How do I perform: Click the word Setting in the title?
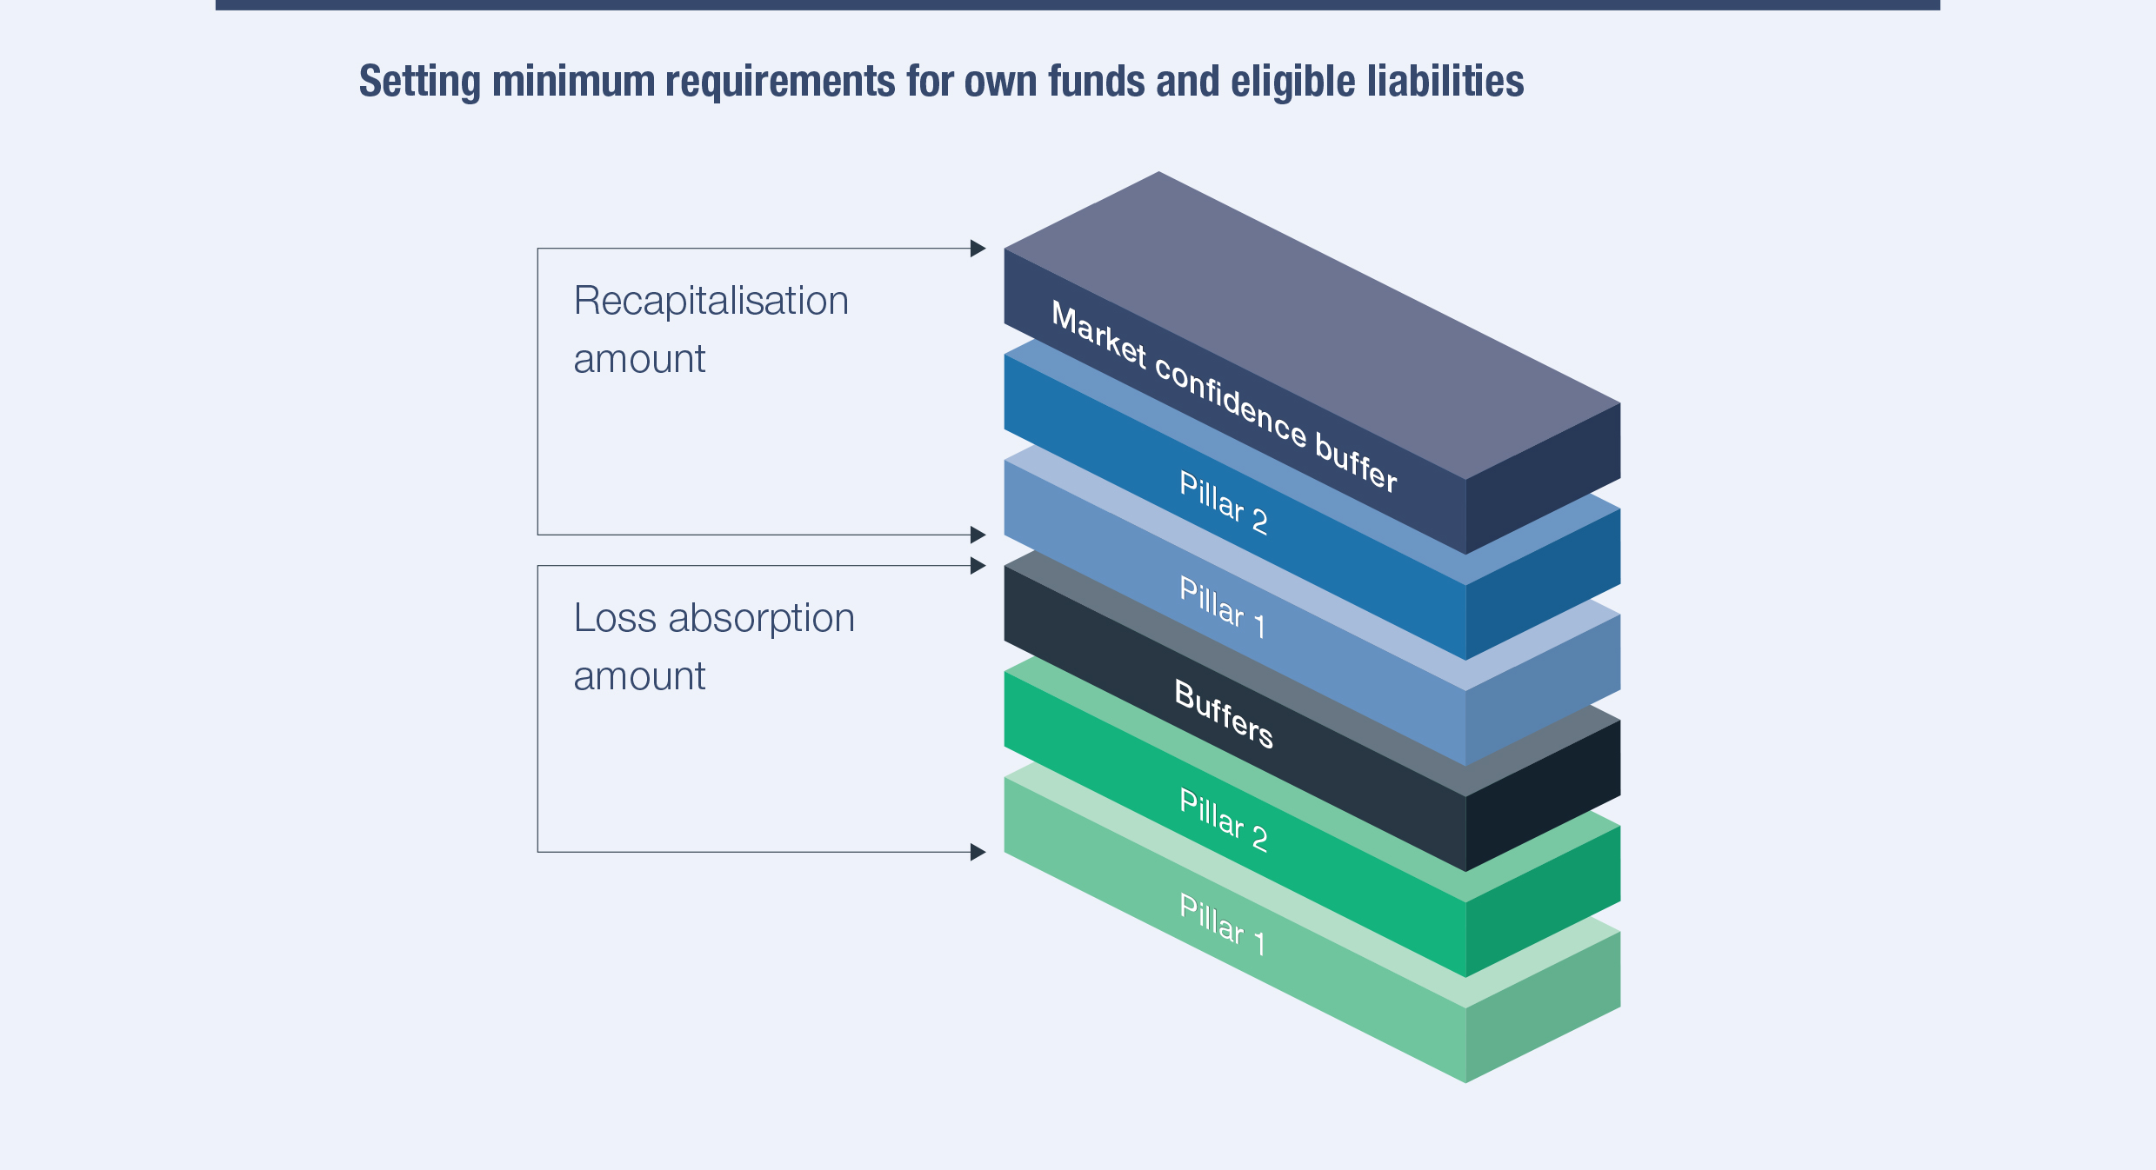(420, 83)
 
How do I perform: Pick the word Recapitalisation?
(711, 302)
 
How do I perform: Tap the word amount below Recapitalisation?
(639, 359)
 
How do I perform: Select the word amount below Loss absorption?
(639, 676)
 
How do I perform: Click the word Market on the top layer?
(1099, 336)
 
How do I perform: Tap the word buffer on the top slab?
(1356, 462)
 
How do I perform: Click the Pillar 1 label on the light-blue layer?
(1221, 608)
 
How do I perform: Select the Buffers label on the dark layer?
(1224, 714)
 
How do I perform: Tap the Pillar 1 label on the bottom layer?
(1221, 925)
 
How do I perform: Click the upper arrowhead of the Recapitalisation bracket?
(978, 249)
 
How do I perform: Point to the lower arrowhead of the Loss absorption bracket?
(978, 852)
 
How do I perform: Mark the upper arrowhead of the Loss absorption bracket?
(978, 566)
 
